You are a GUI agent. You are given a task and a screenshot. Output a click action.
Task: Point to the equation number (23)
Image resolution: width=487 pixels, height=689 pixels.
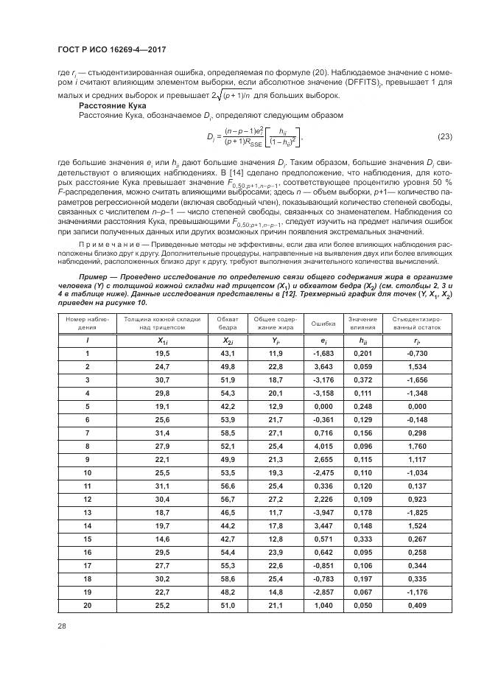pyautogui.click(x=444, y=136)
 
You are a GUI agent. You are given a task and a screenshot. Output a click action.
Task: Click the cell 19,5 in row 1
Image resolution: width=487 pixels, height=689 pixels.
pyautogui.click(x=162, y=354)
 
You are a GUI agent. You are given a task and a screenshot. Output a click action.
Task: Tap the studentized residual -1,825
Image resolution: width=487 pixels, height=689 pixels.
pyautogui.click(x=417, y=511)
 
